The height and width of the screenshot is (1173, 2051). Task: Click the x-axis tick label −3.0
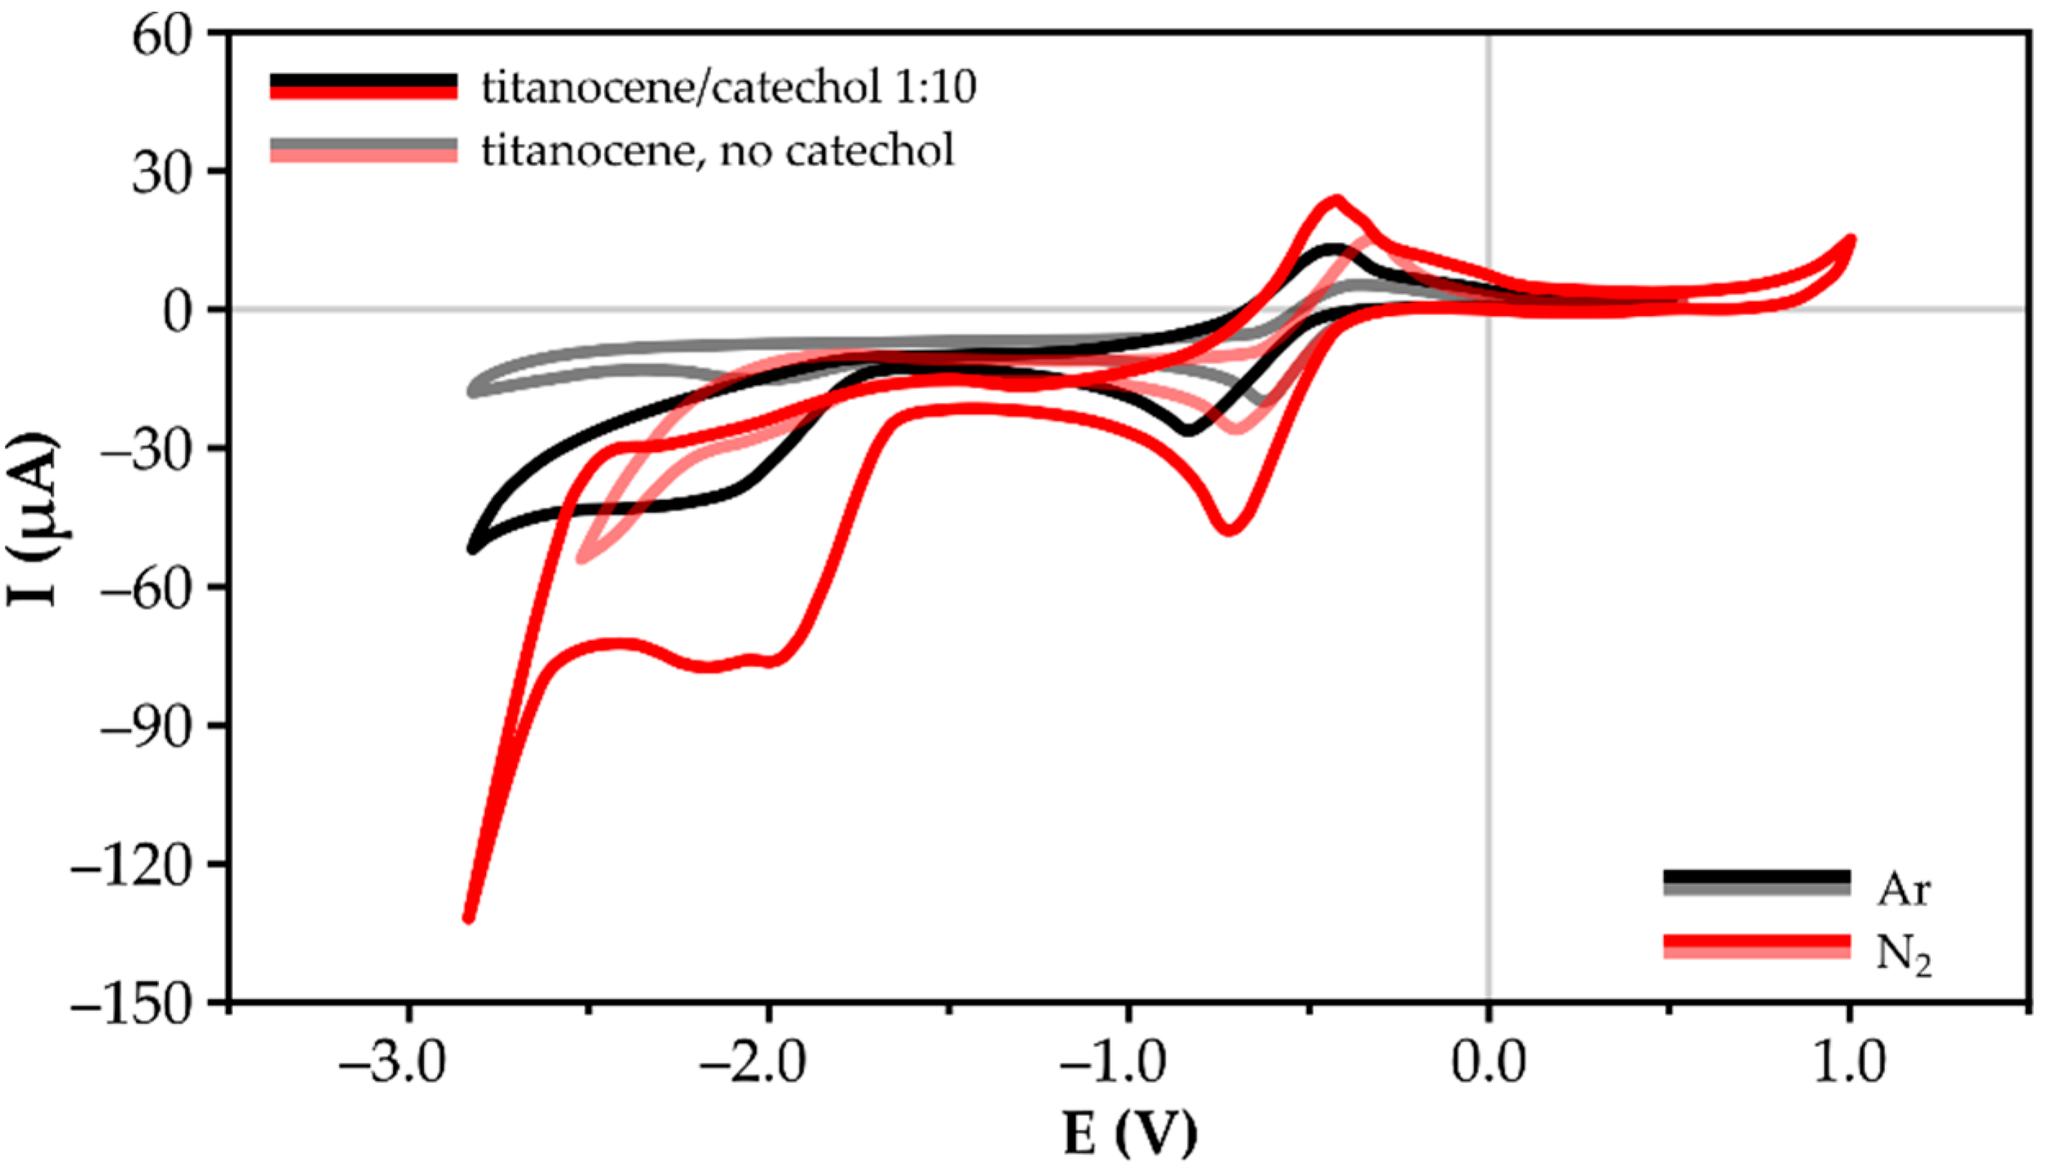click(392, 1063)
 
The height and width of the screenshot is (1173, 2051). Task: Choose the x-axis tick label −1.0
click(1112, 1063)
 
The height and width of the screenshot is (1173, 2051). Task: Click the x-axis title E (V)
click(1129, 1134)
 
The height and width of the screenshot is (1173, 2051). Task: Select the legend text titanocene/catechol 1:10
click(728, 87)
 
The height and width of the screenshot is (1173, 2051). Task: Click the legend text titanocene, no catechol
click(718, 151)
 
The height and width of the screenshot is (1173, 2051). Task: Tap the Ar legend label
click(1903, 889)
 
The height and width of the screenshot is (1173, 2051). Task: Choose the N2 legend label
click(1903, 954)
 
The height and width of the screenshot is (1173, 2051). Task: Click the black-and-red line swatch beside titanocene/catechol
click(363, 86)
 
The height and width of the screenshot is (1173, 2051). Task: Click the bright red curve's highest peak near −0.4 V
click(1337, 199)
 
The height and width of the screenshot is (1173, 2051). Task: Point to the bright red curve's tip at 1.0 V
click(1850, 241)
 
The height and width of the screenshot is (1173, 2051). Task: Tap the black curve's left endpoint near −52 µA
click(472, 549)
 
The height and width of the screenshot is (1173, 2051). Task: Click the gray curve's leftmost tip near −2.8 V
click(472, 391)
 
